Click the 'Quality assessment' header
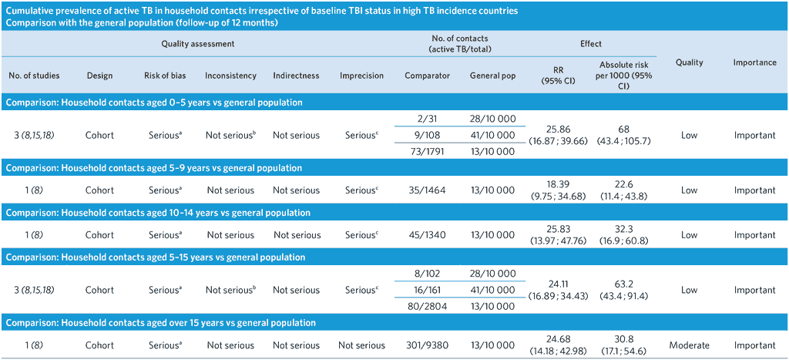pos(197,44)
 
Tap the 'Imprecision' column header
pos(361,76)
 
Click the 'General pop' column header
pos(493,76)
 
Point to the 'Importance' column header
pos(754,62)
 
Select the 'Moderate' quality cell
pos(690,345)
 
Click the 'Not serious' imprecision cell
pos(361,345)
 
